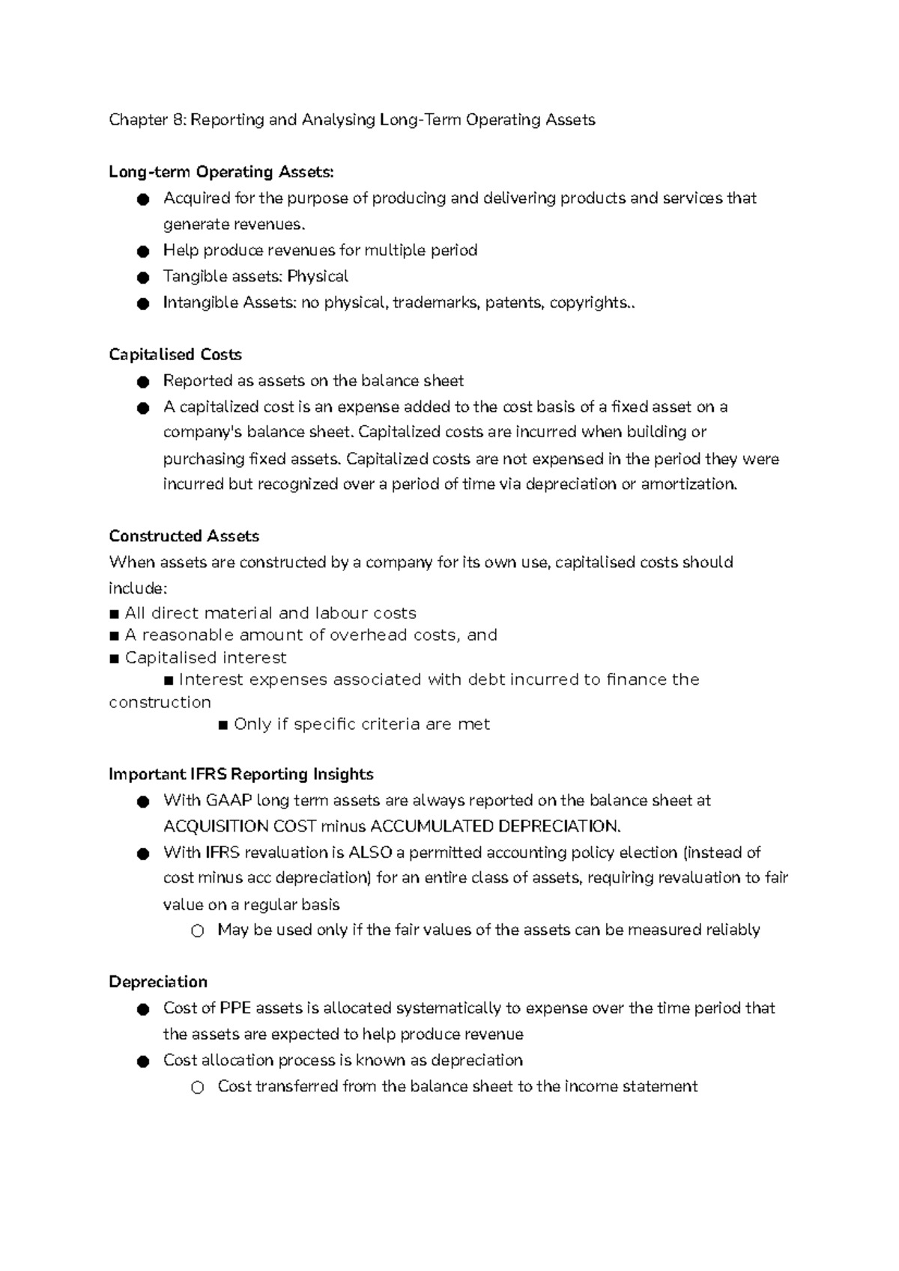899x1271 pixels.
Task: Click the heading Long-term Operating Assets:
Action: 221,172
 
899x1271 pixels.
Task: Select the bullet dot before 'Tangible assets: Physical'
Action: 143,278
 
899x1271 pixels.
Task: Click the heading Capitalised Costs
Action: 175,355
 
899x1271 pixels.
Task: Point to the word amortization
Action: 688,484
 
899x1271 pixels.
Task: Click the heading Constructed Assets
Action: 184,537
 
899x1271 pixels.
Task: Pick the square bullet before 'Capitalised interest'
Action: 114,659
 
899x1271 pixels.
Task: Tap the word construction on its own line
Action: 160,703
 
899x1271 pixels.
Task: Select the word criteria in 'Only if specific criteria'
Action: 390,725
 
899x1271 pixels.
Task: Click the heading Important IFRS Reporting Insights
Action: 240,775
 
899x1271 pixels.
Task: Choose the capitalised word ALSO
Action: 370,853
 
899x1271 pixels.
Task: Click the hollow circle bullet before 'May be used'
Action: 197,931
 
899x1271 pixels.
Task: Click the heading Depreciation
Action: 157,982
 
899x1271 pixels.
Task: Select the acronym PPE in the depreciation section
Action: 235,1008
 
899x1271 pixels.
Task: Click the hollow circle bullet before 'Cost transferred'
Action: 197,1088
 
